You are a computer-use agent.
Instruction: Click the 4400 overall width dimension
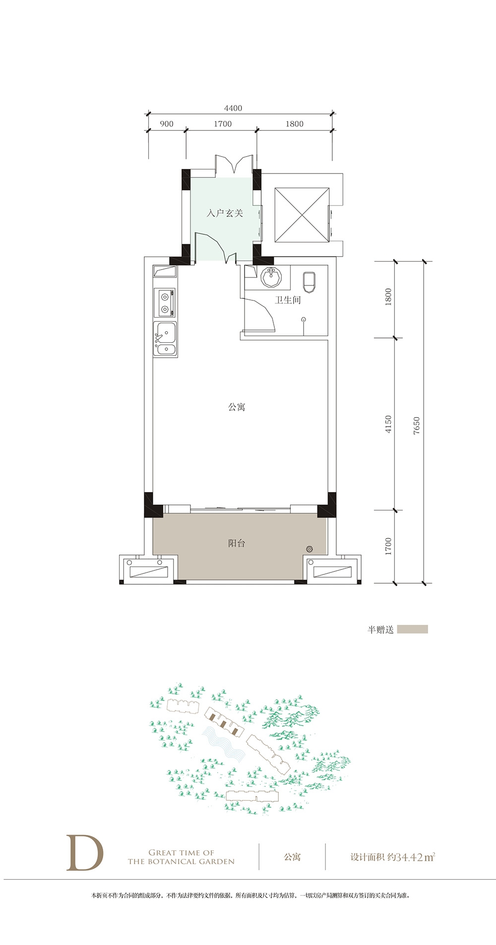click(x=233, y=108)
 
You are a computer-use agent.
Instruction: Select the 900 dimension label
click(x=167, y=124)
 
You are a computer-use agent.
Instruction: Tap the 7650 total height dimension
click(x=417, y=426)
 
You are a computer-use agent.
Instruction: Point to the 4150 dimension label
click(x=388, y=425)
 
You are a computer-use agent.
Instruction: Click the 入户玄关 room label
click(x=225, y=214)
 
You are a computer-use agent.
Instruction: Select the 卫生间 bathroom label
click(x=288, y=300)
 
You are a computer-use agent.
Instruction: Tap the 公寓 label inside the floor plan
click(x=237, y=407)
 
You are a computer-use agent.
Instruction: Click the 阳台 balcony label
click(x=237, y=543)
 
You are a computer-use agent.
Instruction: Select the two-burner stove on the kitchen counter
click(x=164, y=303)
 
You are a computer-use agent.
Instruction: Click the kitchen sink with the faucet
click(x=165, y=339)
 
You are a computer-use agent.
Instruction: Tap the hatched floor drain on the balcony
click(x=310, y=549)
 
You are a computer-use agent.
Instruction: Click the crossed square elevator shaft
click(x=302, y=215)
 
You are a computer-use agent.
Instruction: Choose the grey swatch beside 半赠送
click(x=413, y=629)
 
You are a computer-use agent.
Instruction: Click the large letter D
click(x=85, y=852)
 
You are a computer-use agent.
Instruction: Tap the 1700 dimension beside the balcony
click(x=388, y=546)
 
